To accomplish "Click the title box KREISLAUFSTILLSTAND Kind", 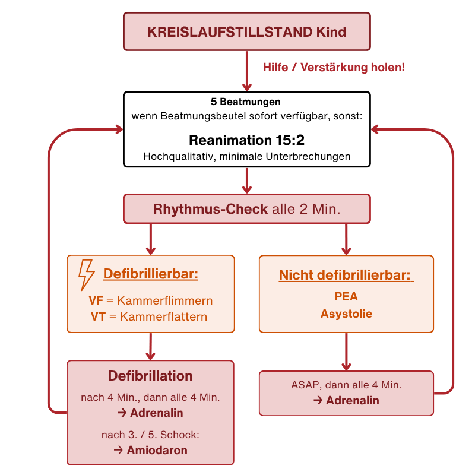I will coord(246,31).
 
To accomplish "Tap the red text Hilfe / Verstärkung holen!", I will coord(334,67).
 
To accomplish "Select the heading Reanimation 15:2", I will coord(246,141).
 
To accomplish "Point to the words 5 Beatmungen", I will coord(246,102).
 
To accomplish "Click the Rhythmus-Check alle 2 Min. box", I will coord(246,210).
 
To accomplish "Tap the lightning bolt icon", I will coord(87,274).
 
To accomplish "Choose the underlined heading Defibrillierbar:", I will coord(150,274).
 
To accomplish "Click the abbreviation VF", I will coord(96,301).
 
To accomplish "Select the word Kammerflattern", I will coord(163,316).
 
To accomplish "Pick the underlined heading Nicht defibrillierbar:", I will coord(346,275).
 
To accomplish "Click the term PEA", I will coord(346,296).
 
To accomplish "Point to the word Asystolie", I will coord(346,313).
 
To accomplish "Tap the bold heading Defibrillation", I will coord(150,376).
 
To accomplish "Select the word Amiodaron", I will coord(157,451).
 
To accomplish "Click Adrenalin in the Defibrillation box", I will coord(157,413).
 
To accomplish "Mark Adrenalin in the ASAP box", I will coord(353,401).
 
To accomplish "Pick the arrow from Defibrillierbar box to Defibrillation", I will coord(151,346).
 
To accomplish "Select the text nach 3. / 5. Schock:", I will coord(150,435).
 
